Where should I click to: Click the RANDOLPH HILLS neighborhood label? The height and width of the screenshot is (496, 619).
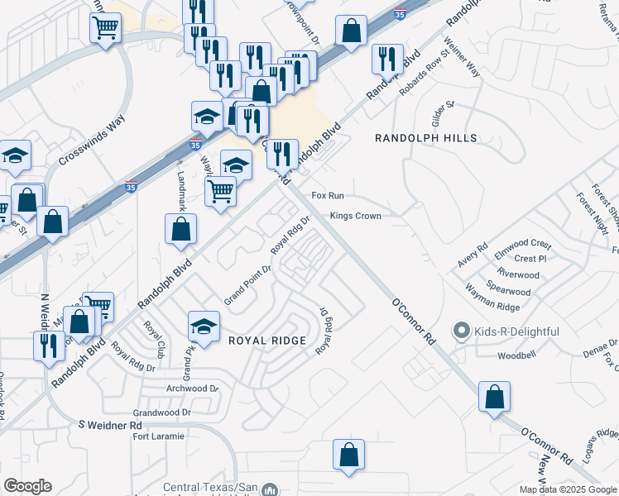point(426,138)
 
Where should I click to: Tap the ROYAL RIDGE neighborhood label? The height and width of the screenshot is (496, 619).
point(267,341)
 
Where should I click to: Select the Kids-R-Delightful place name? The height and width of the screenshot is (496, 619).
point(516,331)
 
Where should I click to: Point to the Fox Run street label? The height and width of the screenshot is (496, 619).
point(327,196)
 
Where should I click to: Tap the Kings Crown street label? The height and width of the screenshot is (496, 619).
point(355,216)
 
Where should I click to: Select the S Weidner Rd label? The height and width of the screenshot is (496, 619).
point(110,424)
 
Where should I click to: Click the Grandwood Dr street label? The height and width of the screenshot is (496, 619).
point(162,411)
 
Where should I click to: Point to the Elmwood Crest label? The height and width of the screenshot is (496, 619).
point(522,244)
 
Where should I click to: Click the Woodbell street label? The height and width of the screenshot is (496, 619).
point(519,356)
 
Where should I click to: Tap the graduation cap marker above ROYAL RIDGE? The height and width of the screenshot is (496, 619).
point(204,325)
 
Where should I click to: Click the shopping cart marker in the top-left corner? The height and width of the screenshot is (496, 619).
point(106,27)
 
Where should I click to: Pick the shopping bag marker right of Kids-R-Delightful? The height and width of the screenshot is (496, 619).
point(494,397)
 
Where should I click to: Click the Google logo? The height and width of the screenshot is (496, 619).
point(28,486)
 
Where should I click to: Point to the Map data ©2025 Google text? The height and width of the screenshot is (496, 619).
point(568,489)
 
